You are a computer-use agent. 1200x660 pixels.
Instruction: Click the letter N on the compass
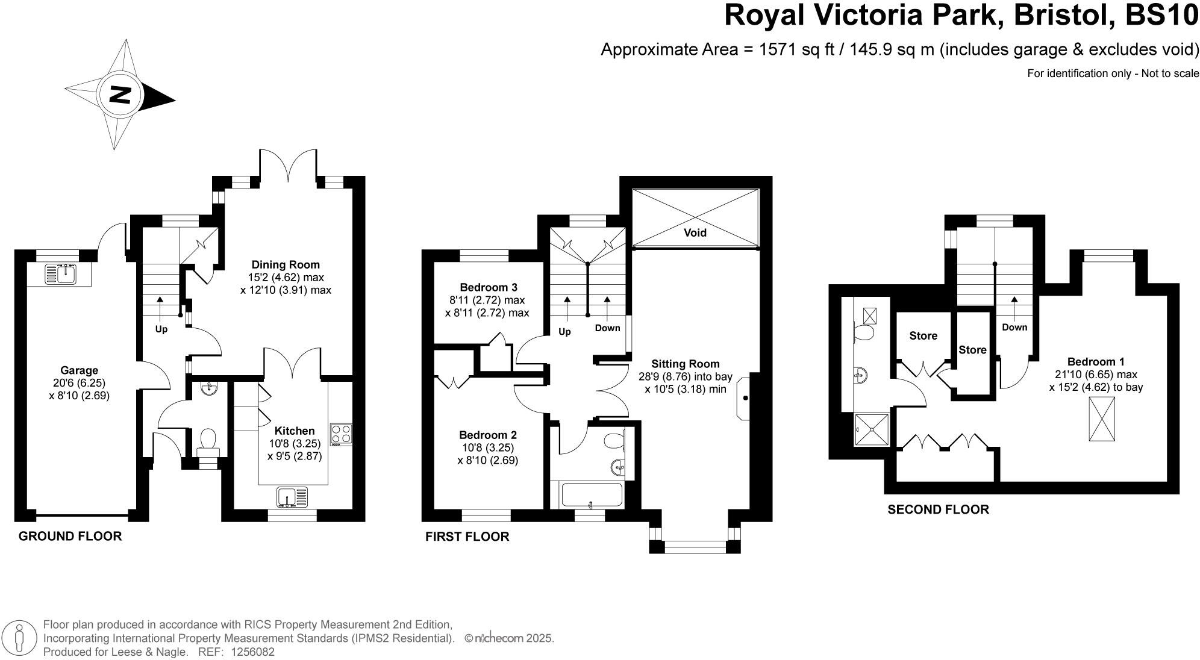pos(121,95)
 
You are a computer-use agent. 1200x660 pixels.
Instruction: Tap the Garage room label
pos(79,370)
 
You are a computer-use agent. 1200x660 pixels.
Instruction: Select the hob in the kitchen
pos(341,435)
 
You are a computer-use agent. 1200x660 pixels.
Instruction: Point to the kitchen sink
pos(292,497)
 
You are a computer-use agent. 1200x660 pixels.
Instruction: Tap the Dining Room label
pos(286,264)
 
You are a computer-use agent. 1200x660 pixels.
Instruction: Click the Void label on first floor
pos(695,232)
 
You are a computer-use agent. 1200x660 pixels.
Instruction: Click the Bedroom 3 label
pos(488,287)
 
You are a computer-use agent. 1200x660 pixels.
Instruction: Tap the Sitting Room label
pos(685,364)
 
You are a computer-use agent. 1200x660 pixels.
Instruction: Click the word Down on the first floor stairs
pos(607,328)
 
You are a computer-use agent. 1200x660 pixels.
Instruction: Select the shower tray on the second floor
pos(871,429)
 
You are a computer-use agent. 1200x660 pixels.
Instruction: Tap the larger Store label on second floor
pos(923,336)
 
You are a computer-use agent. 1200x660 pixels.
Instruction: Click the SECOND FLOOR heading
pos(938,509)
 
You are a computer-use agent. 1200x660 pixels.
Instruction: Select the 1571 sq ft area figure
pos(795,49)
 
